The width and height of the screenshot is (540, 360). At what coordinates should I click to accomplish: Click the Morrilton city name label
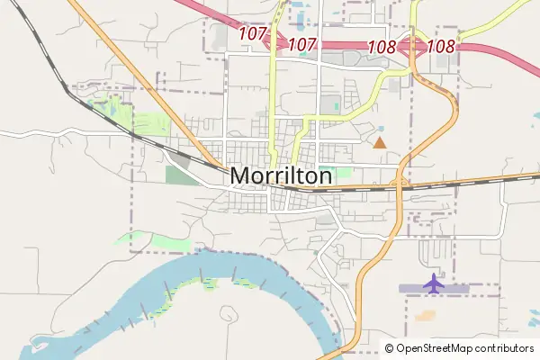[281, 175]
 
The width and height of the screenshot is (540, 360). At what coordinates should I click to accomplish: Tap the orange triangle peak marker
[380, 142]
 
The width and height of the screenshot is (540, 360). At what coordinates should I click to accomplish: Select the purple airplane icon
[434, 283]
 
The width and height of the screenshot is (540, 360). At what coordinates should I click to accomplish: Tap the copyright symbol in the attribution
[389, 348]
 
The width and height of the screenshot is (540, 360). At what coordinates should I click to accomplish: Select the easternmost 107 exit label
[302, 43]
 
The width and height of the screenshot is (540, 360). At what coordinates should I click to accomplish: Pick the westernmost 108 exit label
[382, 45]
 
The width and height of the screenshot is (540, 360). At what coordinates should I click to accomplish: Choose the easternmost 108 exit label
[441, 45]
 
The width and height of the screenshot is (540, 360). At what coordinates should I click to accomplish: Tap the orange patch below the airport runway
[425, 316]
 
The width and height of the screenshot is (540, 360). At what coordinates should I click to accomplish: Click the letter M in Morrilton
[240, 175]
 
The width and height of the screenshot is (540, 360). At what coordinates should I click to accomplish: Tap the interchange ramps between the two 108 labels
[412, 46]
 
